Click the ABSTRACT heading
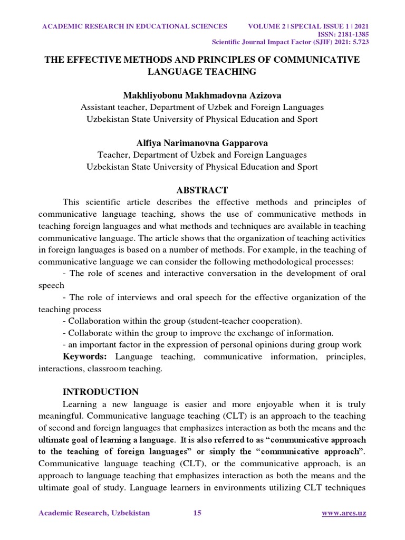(x=202, y=190)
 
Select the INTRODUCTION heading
(x=100, y=392)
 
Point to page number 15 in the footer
(x=197, y=513)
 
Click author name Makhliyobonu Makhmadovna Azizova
(x=202, y=95)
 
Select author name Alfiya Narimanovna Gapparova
(x=202, y=143)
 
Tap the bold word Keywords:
(x=85, y=357)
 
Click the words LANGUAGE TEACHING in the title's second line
(x=202, y=71)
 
